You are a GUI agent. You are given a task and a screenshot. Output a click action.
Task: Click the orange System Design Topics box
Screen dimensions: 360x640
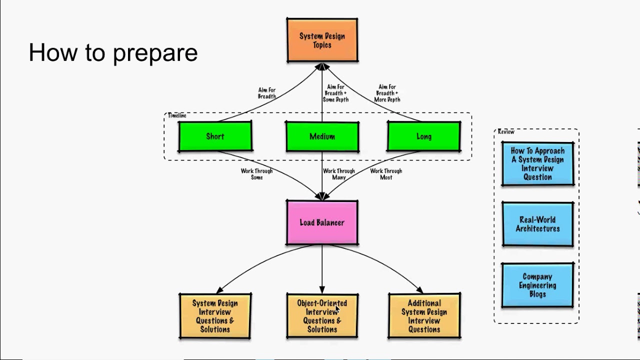pyautogui.click(x=322, y=40)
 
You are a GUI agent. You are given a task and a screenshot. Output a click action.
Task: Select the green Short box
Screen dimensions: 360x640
pyautogui.click(x=215, y=136)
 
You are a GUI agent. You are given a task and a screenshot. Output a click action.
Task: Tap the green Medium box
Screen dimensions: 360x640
pyautogui.click(x=322, y=136)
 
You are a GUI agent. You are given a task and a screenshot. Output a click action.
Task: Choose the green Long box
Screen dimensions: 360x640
pyautogui.click(x=423, y=136)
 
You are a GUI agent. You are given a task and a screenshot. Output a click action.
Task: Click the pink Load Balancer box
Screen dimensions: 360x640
pyautogui.click(x=322, y=222)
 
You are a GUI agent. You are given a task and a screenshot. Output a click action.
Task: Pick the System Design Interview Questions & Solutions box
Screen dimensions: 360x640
pyautogui.click(x=215, y=316)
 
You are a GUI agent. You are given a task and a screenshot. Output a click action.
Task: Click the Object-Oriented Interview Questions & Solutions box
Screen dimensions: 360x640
pyautogui.click(x=322, y=316)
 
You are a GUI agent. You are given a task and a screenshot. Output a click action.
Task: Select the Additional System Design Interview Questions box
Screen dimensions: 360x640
pyautogui.click(x=424, y=316)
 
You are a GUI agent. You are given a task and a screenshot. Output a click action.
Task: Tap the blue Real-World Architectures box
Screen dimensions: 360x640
pyautogui.click(x=537, y=224)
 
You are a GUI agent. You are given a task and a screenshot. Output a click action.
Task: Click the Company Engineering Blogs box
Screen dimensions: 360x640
pyautogui.click(x=537, y=285)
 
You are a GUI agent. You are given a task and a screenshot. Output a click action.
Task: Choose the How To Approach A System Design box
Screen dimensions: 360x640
pyautogui.click(x=537, y=163)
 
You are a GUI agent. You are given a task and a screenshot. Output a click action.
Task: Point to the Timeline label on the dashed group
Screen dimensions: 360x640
pyautogui.click(x=177, y=115)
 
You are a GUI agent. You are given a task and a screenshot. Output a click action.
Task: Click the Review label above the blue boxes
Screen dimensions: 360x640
pyautogui.click(x=506, y=131)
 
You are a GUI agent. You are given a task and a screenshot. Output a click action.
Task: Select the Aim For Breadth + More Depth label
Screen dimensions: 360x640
pyautogui.click(x=387, y=93)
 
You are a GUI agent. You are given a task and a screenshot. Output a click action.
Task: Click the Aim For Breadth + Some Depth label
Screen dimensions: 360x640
pyautogui.click(x=335, y=93)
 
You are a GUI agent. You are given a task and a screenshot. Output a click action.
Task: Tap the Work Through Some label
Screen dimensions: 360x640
pyautogui.click(x=256, y=174)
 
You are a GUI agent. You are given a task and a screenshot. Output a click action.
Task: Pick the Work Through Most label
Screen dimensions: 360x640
pyautogui.click(x=386, y=174)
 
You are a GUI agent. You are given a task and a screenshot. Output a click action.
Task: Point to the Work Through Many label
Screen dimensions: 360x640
pyautogui.click(x=338, y=174)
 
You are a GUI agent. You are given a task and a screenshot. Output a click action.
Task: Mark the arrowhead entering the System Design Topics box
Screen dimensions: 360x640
pyautogui.click(x=322, y=66)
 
